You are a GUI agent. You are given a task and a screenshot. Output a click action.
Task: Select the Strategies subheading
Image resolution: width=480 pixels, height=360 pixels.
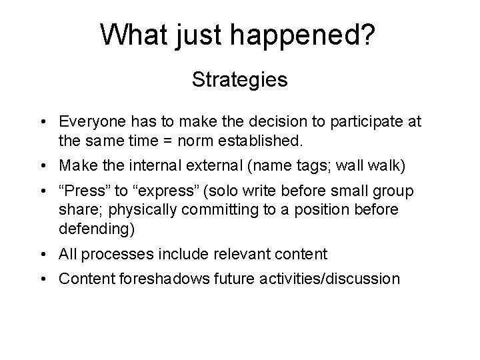tap(239, 80)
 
